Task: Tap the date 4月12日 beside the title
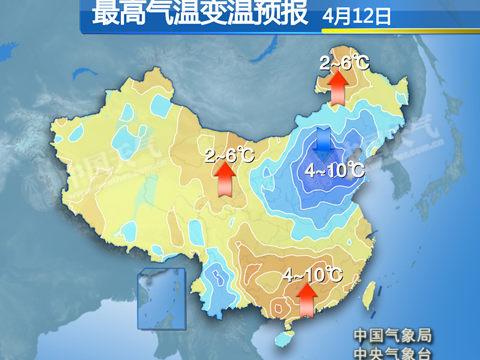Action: (x=357, y=16)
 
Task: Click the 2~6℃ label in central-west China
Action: (x=229, y=154)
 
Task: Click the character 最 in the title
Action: (x=102, y=15)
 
